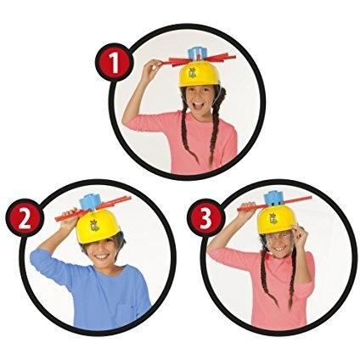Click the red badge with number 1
(114, 63)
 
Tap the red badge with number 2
(25, 218)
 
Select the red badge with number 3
(206, 218)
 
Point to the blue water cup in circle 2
(89, 203)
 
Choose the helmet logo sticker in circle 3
(274, 218)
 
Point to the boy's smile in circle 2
(101, 256)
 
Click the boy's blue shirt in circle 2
(96, 295)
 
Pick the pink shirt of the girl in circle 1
(183, 141)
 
